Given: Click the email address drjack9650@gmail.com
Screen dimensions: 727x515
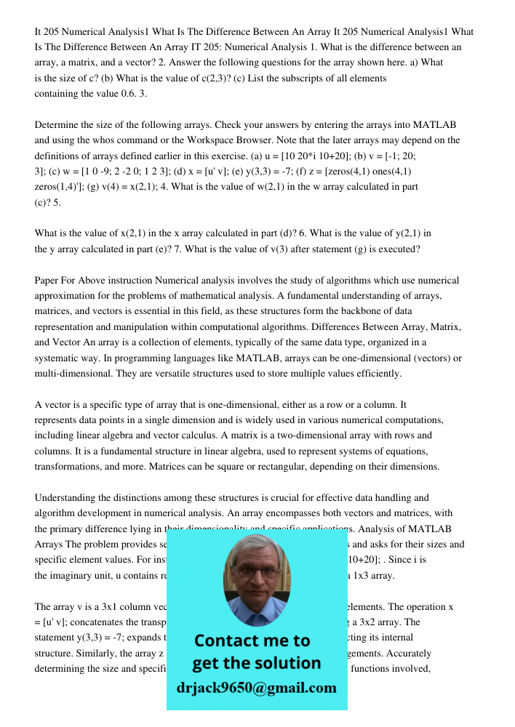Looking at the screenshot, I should click(x=257, y=688).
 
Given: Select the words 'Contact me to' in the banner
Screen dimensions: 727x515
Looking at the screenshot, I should click(x=252, y=640).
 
